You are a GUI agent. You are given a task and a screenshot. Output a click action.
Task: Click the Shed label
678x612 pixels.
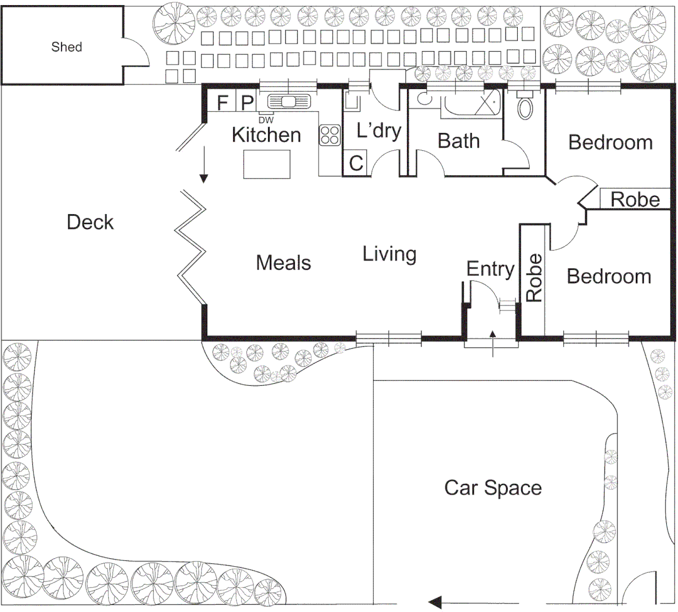(x=67, y=47)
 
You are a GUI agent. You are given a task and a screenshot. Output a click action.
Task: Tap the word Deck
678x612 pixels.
(x=90, y=222)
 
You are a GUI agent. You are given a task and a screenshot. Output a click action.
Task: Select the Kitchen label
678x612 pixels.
(x=266, y=135)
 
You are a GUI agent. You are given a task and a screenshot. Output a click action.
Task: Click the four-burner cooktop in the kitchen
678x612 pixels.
(x=329, y=135)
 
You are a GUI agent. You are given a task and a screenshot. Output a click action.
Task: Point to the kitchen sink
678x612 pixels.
(x=289, y=101)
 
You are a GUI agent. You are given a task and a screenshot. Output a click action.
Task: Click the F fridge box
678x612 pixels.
(x=222, y=103)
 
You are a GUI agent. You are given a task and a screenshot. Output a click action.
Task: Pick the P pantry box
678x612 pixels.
(x=247, y=103)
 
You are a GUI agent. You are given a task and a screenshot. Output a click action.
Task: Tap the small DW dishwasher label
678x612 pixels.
(x=265, y=120)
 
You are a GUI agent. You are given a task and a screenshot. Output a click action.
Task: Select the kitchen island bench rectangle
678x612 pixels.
(x=267, y=164)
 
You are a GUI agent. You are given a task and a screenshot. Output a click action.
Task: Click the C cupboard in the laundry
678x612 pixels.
(x=356, y=164)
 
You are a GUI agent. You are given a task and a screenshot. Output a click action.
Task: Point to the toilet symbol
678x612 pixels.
(x=525, y=106)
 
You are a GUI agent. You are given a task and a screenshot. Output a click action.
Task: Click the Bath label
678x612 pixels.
(x=458, y=141)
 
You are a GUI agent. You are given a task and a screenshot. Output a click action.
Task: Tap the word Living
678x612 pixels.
(x=389, y=254)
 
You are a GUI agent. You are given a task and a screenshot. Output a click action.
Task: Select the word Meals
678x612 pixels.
(x=283, y=263)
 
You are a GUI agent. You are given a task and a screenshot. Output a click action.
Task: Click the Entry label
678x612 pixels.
(x=490, y=269)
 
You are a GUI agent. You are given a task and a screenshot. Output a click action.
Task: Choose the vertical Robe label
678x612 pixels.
(x=534, y=277)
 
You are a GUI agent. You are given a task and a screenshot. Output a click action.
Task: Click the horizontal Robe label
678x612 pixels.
(x=635, y=199)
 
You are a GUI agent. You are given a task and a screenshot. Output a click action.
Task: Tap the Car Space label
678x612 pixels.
(x=493, y=488)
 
